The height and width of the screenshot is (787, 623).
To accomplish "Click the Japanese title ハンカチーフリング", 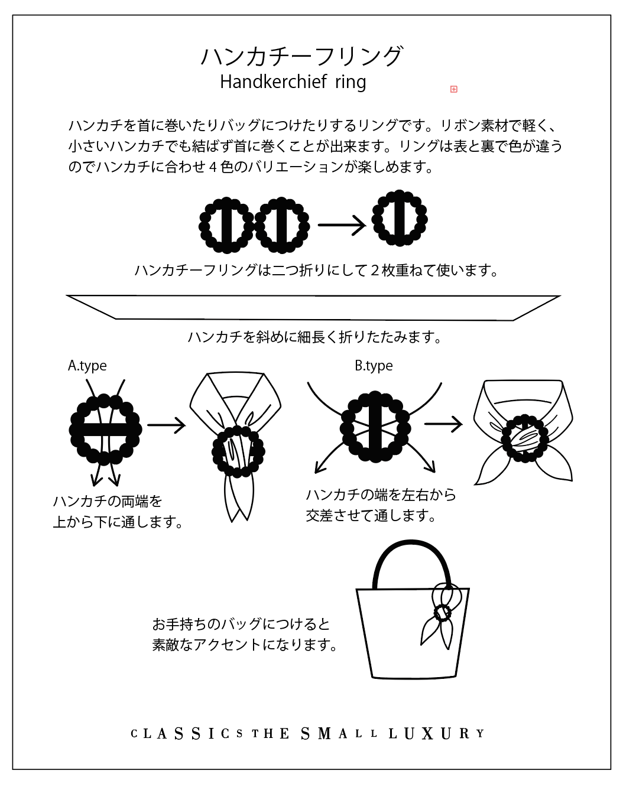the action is [x=302, y=56].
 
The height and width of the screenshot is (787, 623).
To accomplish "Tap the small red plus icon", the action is [x=453, y=89].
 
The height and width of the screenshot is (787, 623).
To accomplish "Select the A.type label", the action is [x=87, y=366].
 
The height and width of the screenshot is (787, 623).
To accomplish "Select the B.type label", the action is [x=374, y=366].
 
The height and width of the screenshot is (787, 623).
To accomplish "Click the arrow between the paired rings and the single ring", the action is [x=342, y=225].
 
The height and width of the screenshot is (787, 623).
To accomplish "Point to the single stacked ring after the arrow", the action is [x=400, y=219].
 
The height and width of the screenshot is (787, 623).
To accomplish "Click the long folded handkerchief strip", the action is [x=313, y=308].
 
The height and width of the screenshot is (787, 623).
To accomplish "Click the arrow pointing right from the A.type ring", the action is [x=167, y=425].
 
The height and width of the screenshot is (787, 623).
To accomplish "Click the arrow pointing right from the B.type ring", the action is [x=443, y=424].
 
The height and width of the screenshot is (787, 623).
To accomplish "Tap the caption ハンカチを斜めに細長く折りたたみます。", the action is [x=315, y=337].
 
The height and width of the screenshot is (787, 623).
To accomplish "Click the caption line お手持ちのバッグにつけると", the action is [x=241, y=624].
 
